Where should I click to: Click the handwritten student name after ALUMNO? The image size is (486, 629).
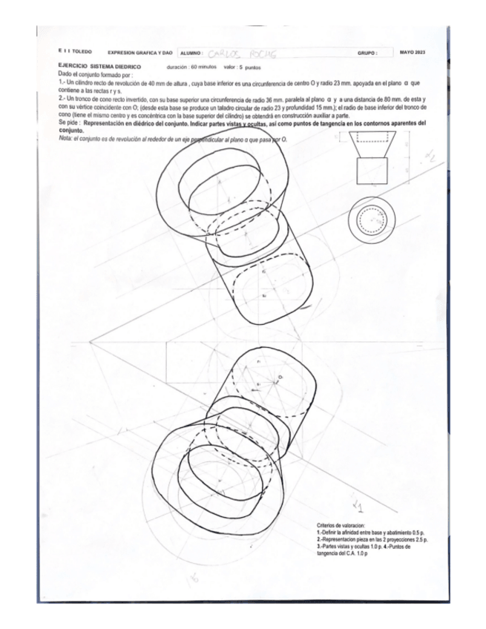tap(237, 53)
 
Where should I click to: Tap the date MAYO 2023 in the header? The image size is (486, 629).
tap(412, 53)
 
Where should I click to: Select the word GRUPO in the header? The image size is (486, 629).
tap(367, 53)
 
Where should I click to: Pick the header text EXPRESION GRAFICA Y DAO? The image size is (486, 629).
tap(139, 53)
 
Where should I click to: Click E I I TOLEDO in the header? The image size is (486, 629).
tap(74, 53)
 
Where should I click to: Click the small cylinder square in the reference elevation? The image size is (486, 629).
tap(372, 174)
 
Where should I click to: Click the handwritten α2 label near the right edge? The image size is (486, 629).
tap(429, 157)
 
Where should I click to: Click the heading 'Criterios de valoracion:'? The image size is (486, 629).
tap(346, 524)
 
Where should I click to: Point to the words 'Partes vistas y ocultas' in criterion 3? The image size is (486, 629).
tap(348, 547)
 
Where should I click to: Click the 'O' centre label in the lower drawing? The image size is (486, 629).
tap(281, 378)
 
